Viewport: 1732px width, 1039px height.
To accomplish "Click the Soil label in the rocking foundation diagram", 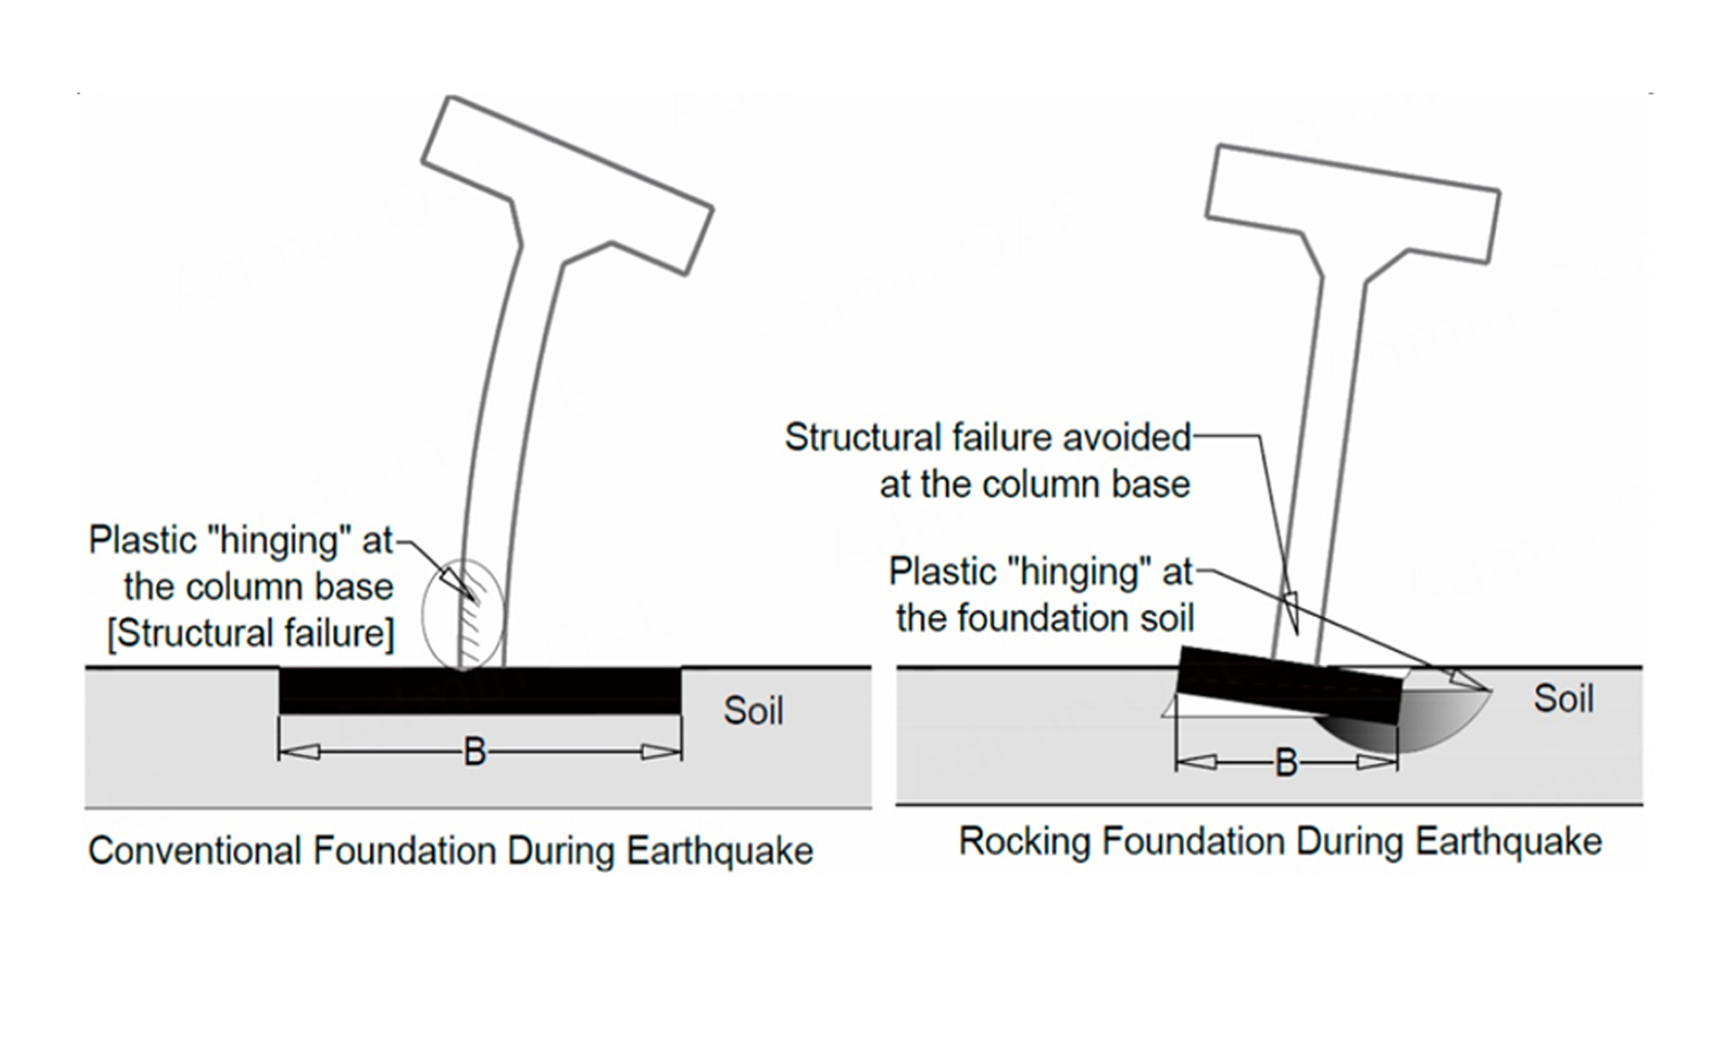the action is click(1564, 698).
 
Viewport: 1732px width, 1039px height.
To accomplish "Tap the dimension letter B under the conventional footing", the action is click(475, 753).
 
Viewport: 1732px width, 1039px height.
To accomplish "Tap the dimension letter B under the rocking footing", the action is click(1286, 762).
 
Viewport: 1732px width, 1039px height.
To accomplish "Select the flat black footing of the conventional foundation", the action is click(480, 691).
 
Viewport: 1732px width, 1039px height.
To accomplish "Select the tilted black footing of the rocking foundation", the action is click(1290, 685).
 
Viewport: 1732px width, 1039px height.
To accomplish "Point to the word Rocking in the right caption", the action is click(1024, 841).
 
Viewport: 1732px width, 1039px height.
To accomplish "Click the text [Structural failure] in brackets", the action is click(250, 633).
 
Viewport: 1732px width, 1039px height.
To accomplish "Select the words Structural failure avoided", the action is click(988, 438).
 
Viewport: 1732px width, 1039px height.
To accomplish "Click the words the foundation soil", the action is click(1045, 618).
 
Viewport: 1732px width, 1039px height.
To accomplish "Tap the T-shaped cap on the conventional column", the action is click(567, 185).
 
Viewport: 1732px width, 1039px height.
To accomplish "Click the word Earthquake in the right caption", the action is click(1509, 841).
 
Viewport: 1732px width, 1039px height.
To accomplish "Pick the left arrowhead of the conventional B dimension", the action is click(299, 753).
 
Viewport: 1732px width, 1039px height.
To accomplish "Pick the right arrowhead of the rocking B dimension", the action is click(1376, 762).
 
